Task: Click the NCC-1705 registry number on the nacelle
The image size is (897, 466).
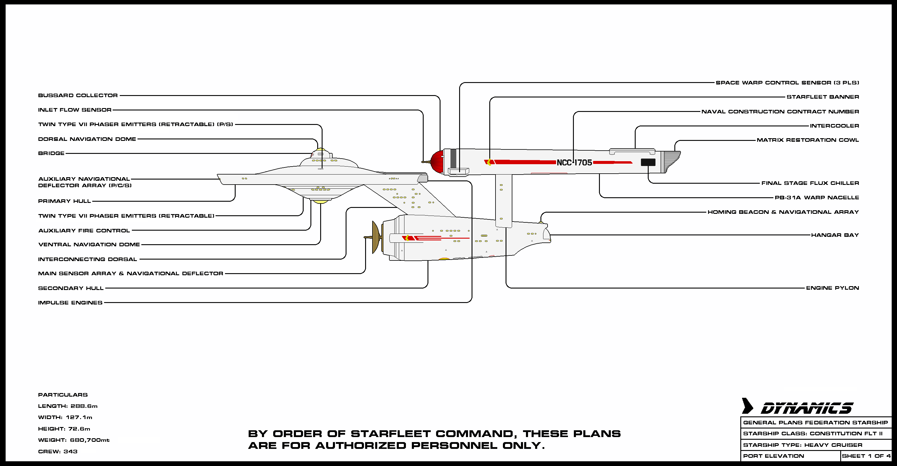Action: point(574,162)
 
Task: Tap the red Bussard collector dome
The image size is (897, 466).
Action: point(437,162)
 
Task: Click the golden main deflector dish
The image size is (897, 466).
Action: point(376,237)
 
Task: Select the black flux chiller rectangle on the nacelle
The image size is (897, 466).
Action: point(648,162)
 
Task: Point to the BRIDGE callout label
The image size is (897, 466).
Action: point(51,153)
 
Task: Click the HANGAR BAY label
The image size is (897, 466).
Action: point(835,235)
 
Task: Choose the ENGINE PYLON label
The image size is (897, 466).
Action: point(832,288)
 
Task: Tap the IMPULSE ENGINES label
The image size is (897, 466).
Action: point(70,303)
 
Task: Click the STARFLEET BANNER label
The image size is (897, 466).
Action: point(822,97)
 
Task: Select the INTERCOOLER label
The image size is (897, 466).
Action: point(834,126)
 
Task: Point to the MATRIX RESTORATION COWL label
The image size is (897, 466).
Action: point(807,140)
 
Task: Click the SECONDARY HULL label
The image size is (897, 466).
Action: point(71,288)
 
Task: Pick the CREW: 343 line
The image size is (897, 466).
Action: point(58,452)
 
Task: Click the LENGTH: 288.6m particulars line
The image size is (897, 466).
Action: point(67,406)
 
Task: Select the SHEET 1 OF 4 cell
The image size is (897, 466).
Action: point(866,456)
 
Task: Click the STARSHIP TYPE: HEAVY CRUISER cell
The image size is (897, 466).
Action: point(802,445)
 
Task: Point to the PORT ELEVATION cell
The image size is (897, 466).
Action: point(773,456)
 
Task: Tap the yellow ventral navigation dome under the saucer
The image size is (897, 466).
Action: point(320,201)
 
